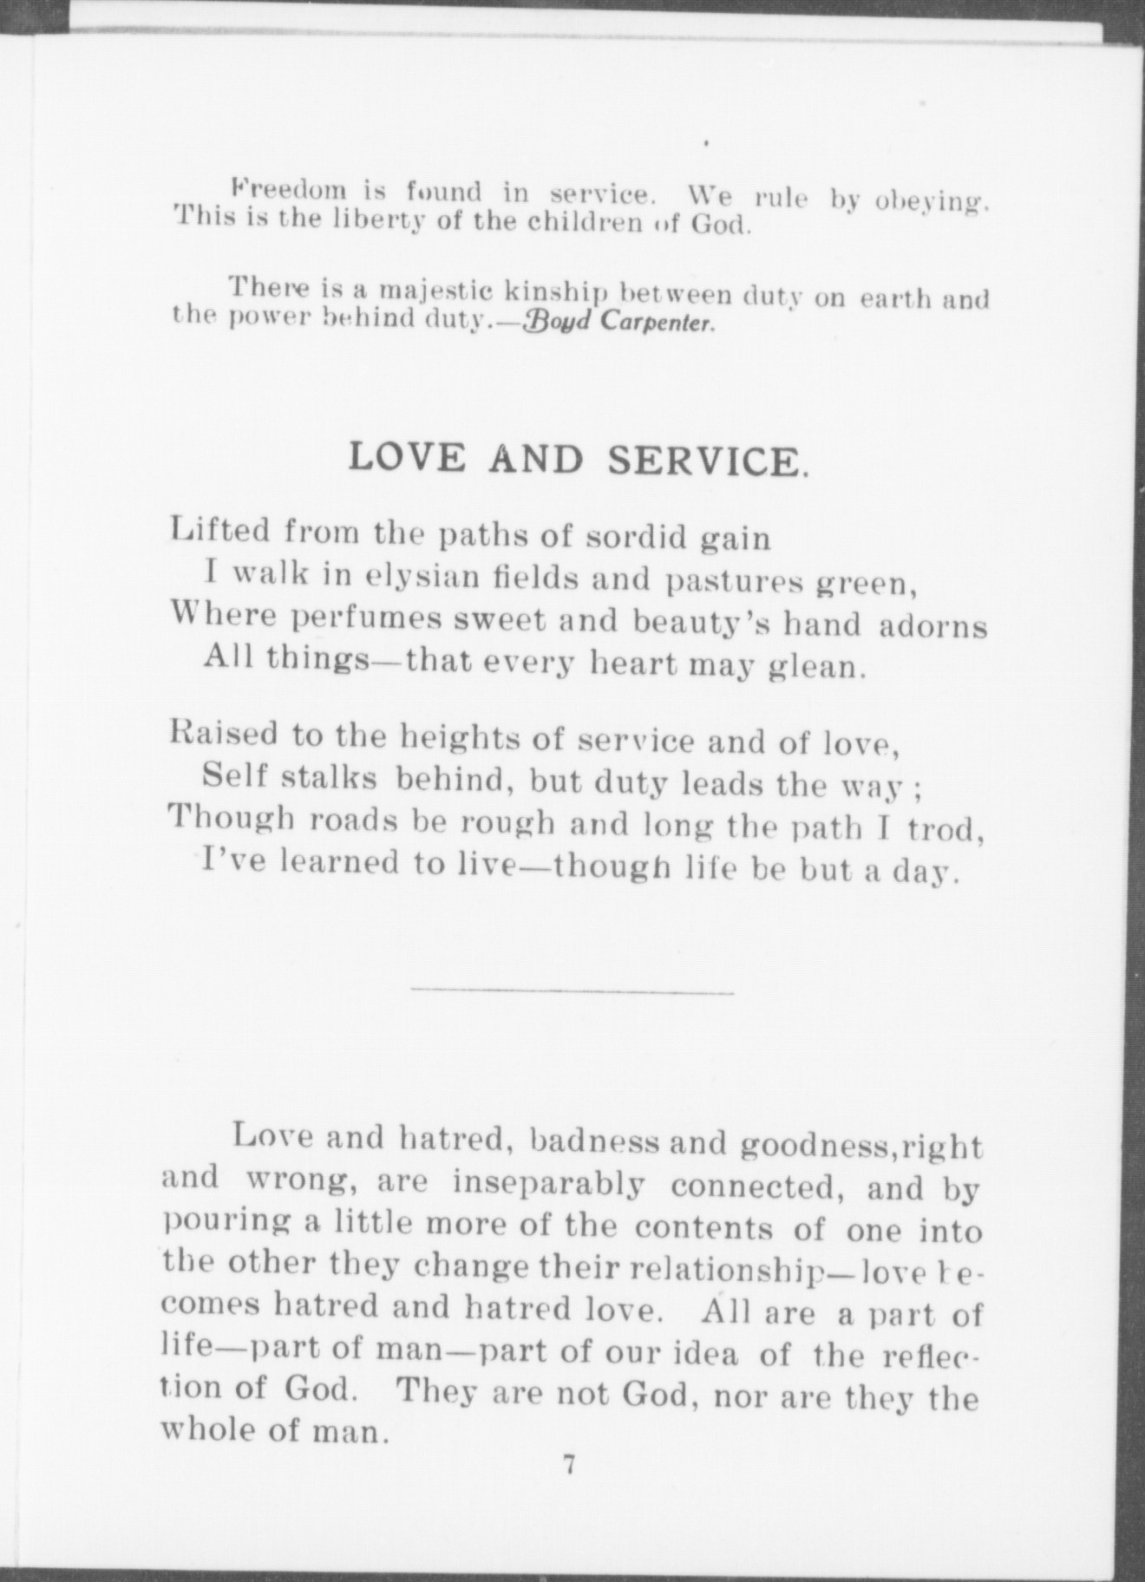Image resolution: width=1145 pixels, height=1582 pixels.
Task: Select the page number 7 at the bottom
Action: click(x=569, y=1465)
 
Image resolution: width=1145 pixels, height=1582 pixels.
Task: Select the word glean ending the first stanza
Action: click(x=818, y=668)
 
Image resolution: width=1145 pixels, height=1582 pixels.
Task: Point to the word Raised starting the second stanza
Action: click(x=221, y=737)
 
